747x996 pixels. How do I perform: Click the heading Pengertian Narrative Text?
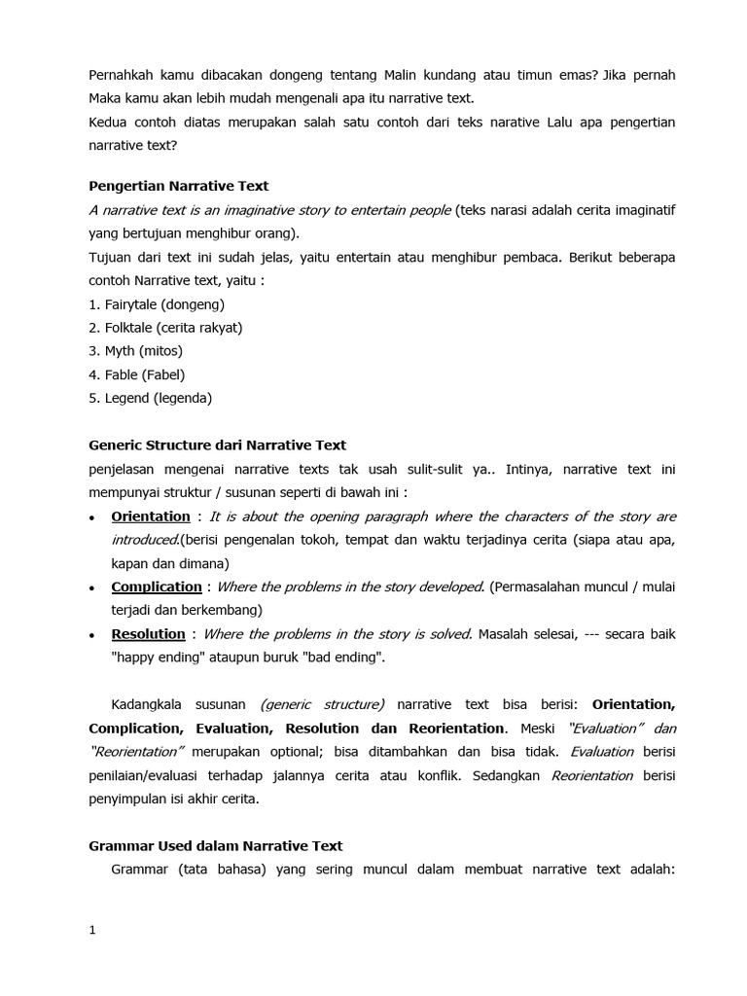178,186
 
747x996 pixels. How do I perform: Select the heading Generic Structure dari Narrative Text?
217,445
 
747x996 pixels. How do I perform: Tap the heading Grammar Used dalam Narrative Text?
215,846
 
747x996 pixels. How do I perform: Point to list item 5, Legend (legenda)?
150,398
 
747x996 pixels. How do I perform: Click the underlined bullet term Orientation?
151,516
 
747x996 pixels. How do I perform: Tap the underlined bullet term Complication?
157,587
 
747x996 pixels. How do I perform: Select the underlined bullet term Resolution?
148,634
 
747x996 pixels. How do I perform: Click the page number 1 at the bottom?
92,931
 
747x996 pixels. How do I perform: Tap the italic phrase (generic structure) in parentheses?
322,704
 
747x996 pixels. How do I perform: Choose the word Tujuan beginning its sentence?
112,257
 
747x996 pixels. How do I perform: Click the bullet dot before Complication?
91,588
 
